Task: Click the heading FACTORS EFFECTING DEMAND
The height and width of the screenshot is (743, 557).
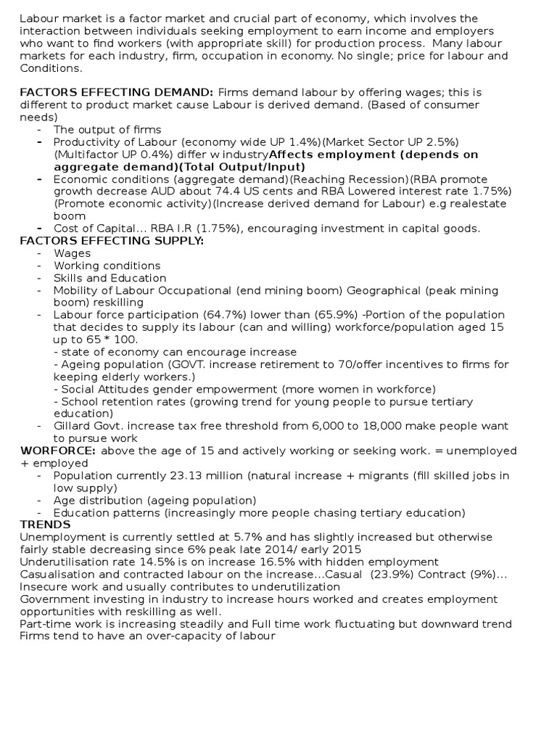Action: click(116, 92)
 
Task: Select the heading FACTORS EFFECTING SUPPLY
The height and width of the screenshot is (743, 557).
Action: click(112, 241)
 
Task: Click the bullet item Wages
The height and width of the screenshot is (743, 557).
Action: click(72, 253)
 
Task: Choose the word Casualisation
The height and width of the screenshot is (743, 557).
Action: click(59, 574)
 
